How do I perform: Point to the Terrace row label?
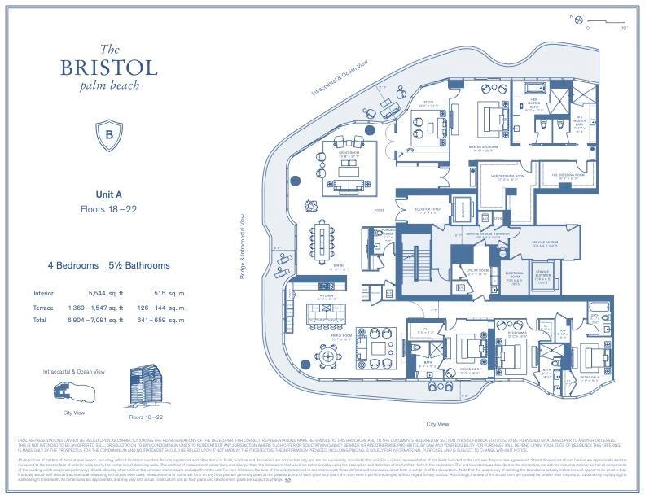point(43,308)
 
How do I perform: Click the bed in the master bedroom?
point(492,118)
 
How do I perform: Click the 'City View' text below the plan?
point(437,424)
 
